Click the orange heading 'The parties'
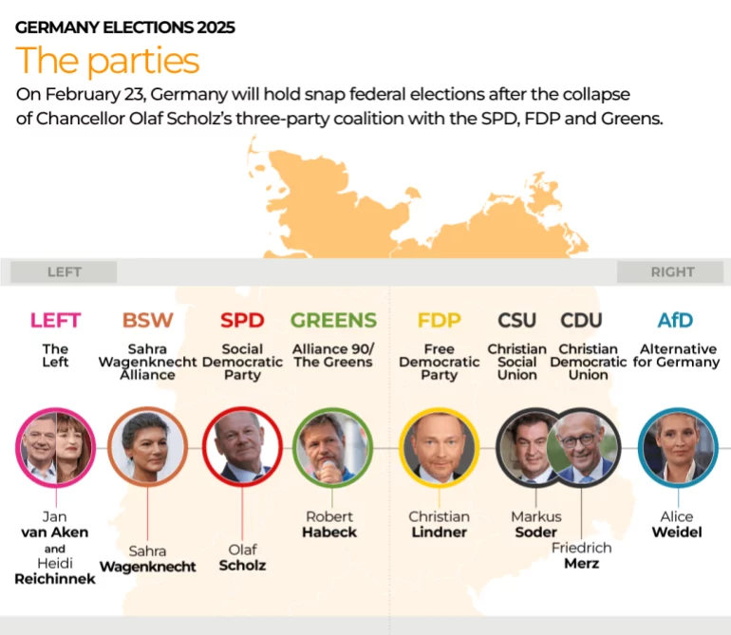[107, 61]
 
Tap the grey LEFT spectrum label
[65, 271]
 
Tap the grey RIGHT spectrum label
[672, 271]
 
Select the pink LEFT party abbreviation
[55, 320]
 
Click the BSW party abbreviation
[148, 320]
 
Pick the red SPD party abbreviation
[242, 320]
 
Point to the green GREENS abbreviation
[333, 320]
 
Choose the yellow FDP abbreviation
[439, 320]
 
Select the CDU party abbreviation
[581, 320]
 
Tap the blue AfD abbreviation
[675, 320]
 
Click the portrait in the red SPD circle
[242, 446]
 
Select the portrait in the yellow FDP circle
[439, 446]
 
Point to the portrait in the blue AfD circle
[677, 446]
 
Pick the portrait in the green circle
[332, 446]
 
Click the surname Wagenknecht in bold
[148, 567]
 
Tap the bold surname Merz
[581, 564]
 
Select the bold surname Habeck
[329, 532]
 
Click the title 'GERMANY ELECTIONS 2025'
[125, 28]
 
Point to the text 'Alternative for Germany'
[676, 355]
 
